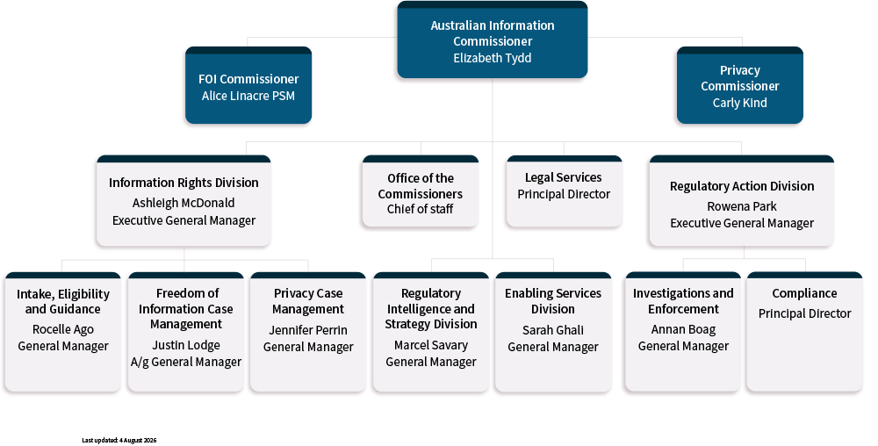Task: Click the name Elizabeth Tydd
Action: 493,58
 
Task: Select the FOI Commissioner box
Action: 248,85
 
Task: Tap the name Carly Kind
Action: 739,103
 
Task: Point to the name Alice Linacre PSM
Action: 248,96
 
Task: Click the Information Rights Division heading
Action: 184,183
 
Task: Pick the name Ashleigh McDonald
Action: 184,203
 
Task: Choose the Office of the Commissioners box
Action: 420,191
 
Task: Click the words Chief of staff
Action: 420,209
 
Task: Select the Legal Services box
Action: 564,191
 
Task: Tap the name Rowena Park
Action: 742,206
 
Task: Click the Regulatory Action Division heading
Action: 742,186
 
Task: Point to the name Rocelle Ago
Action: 62,329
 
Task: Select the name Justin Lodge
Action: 186,345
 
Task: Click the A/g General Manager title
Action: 186,362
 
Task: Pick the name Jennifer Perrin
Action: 308,330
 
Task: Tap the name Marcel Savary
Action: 430,345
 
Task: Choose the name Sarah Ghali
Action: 553,330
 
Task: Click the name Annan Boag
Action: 683,329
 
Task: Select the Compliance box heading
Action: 804,293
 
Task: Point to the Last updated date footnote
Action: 119,441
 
